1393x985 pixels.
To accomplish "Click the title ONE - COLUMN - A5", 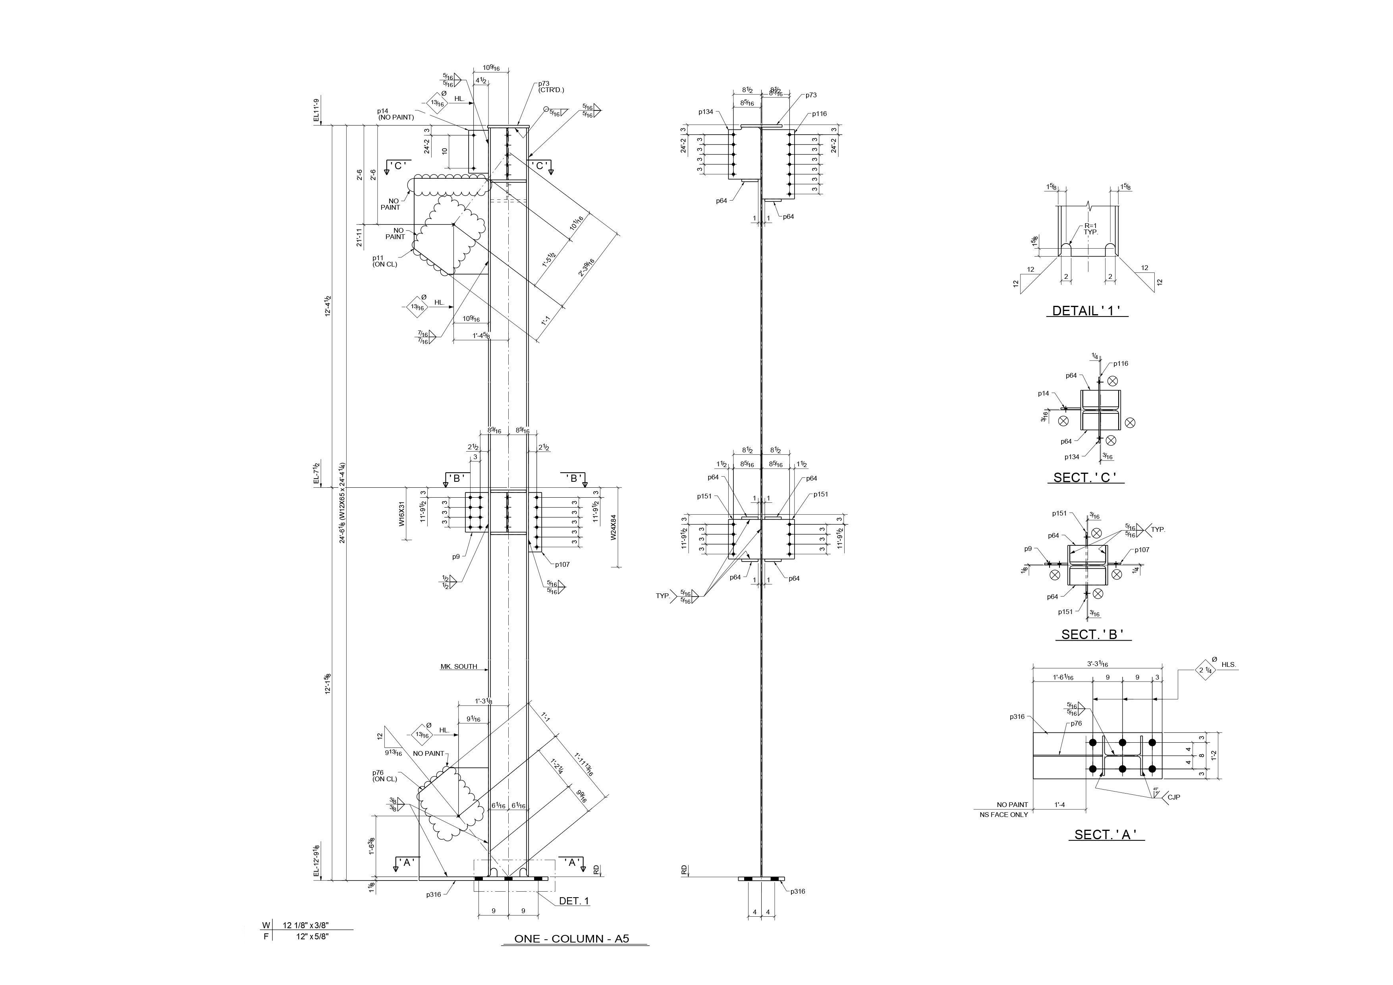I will [571, 939].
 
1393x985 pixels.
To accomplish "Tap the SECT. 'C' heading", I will [1085, 478].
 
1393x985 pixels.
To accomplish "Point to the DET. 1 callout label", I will [573, 901].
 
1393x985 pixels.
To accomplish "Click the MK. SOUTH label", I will [459, 666].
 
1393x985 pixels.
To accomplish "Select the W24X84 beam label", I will [614, 528].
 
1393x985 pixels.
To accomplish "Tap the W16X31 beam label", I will [401, 514].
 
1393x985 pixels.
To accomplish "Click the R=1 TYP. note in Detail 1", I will [1091, 229].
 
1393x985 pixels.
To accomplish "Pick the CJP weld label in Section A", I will [1174, 797].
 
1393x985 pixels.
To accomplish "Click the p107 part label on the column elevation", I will [561, 564].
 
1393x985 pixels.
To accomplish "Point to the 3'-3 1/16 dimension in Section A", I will [1098, 664].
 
